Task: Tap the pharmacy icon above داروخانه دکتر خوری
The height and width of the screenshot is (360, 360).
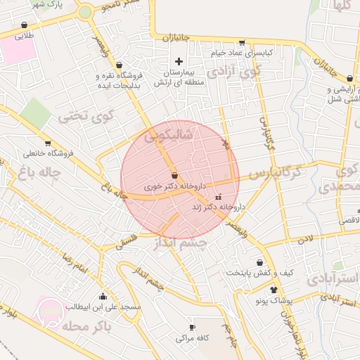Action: pos(174,175)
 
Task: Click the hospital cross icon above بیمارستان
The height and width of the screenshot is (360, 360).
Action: pos(179,62)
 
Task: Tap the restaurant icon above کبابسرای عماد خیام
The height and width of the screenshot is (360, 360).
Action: pos(243,43)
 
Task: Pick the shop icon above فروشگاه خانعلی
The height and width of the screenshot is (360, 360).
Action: pos(48,143)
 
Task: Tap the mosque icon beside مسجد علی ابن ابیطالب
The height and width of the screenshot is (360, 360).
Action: pos(103,296)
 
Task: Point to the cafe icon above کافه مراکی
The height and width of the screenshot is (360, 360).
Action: pos(192,328)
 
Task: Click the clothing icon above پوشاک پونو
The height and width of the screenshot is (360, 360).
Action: pos(273,289)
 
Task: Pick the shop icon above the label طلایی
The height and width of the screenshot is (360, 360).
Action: pos(25,25)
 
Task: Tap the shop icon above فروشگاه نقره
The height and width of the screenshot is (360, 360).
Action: pos(117,65)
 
